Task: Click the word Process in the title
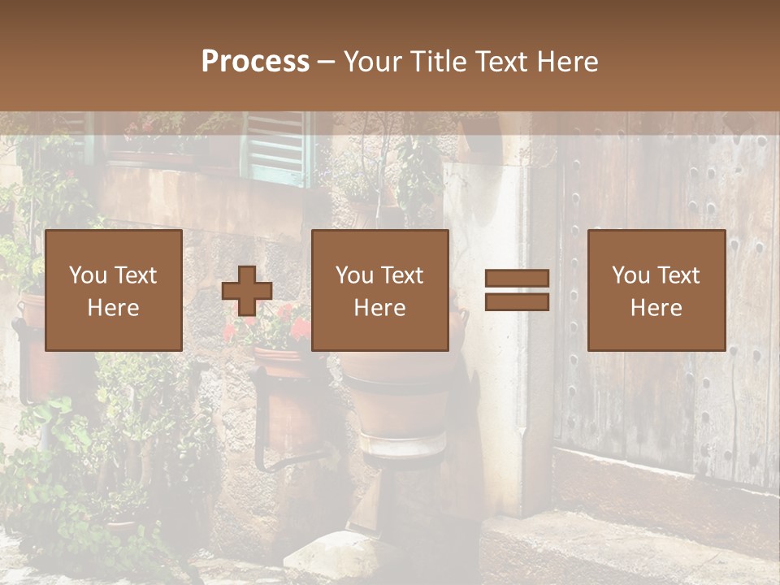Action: coord(255,62)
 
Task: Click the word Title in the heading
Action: coord(438,62)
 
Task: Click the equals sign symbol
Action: coord(517,290)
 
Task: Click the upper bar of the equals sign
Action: coord(517,279)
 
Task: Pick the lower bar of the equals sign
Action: coord(517,301)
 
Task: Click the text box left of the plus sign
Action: coord(114,290)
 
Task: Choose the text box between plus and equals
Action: coord(380,290)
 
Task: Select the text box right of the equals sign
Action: coord(656,290)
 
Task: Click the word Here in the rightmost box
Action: coord(656,307)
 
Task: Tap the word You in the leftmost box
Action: coord(88,275)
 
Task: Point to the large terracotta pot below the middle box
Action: coord(398,398)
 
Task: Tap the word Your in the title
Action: coord(373,62)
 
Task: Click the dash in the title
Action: coord(327,62)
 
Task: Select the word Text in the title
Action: coord(502,62)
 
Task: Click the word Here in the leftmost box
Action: coord(114,307)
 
